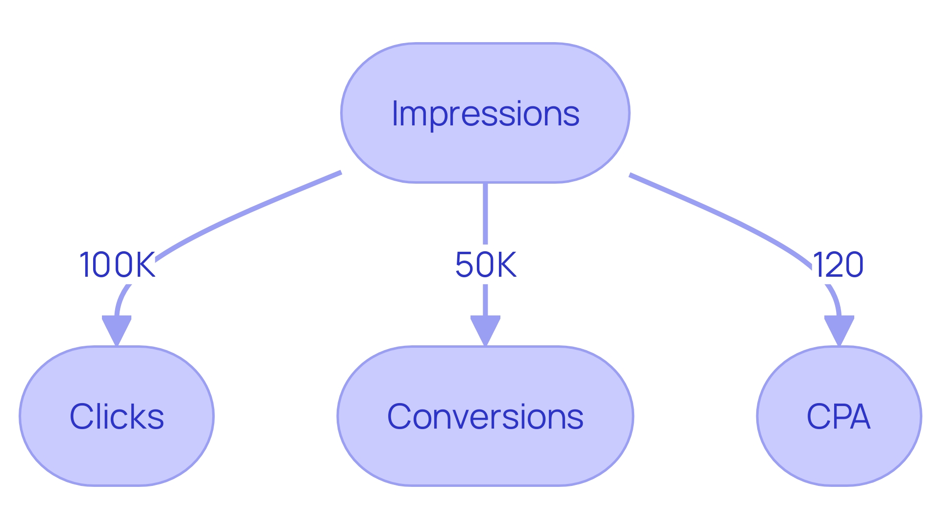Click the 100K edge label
pos(117,265)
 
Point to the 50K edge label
pos(485,265)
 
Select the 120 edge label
pos(838,265)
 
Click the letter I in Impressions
pos(396,114)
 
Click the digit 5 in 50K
pos(465,265)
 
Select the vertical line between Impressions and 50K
pos(485,213)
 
